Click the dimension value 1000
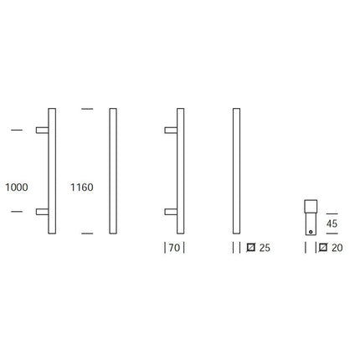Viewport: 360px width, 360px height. point(16,188)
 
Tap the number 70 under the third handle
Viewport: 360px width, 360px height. point(173,248)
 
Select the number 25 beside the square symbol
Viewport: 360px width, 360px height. point(265,248)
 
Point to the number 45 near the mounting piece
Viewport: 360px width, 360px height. point(332,224)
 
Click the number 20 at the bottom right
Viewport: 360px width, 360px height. point(337,248)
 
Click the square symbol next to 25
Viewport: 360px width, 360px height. point(251,248)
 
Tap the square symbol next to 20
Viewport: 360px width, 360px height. point(323,248)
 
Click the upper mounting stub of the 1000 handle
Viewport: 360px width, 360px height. point(43,130)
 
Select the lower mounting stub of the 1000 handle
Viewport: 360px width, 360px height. point(43,212)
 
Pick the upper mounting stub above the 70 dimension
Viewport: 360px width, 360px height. point(172,130)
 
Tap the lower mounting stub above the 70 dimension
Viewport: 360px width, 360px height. point(172,212)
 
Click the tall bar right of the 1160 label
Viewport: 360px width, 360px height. point(114,172)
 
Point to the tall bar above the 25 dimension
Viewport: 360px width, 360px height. point(236,172)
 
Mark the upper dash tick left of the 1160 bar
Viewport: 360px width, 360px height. point(86,109)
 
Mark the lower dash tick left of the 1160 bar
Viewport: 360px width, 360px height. point(86,233)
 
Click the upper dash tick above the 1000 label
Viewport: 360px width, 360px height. point(16,130)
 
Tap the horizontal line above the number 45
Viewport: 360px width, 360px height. point(332,213)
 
